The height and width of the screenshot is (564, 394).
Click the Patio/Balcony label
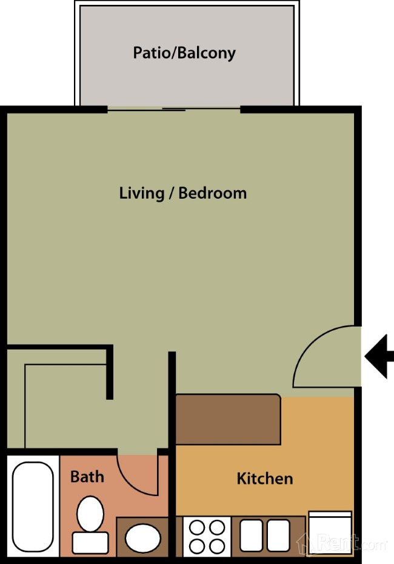184,53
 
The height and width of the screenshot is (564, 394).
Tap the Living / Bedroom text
183,193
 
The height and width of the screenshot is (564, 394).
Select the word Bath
87,477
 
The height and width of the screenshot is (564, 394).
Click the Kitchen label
265,479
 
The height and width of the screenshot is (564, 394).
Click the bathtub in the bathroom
33,506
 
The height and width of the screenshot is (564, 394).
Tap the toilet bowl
90,514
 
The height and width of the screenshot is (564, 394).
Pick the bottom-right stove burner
218,546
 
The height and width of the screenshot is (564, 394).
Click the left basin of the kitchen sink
251,536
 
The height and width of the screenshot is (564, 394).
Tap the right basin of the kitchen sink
278,536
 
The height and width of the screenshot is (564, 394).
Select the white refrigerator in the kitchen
330,534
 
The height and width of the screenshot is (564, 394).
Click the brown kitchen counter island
228,419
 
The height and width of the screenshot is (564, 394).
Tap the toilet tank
90,543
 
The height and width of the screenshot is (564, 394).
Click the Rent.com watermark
342,543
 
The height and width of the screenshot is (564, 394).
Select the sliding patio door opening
174,109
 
